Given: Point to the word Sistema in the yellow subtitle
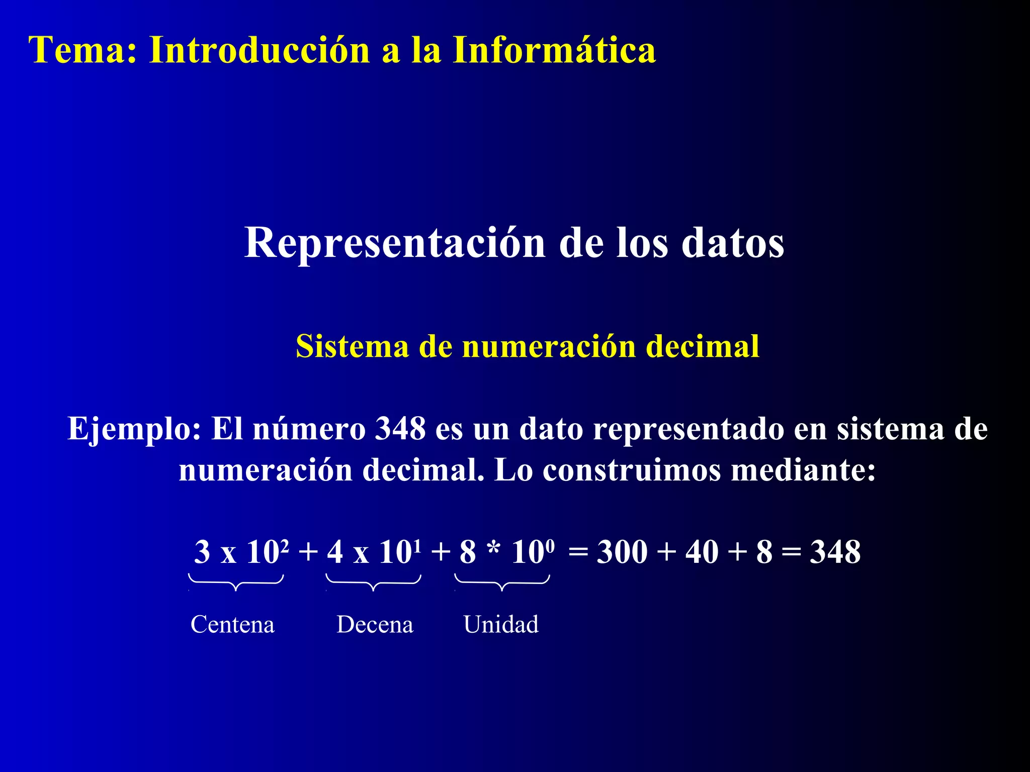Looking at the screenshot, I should [x=352, y=346].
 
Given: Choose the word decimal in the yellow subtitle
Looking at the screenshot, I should [x=703, y=346].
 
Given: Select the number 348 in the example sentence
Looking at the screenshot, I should [x=400, y=429].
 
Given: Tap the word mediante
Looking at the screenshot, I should [x=803, y=470].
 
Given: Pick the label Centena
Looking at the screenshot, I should [x=232, y=625].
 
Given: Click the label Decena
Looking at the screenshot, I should [x=375, y=625].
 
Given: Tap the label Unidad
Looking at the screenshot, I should [x=501, y=625].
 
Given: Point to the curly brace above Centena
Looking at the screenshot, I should [x=236, y=583].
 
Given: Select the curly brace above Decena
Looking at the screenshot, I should [x=373, y=583].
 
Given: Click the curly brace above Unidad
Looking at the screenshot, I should [x=502, y=583].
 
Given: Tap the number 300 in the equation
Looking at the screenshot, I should [x=622, y=552].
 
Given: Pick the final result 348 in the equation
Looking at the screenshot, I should [x=835, y=552].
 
